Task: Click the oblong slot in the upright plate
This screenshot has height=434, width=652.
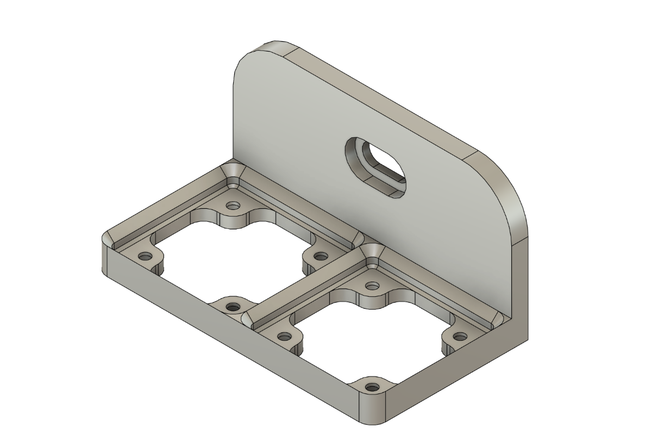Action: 376,167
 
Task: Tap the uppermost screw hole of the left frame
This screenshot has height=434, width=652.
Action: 234,206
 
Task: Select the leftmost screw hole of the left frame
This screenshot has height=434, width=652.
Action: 144,256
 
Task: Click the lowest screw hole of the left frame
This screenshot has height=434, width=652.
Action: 233,307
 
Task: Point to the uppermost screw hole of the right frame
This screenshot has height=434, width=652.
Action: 372,285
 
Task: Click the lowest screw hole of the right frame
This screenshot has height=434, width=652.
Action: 372,387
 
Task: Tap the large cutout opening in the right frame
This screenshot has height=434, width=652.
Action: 372,336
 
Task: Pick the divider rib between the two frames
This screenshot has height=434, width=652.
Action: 304,282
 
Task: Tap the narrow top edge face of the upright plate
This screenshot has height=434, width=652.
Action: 380,98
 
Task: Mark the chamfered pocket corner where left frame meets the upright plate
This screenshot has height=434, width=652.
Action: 234,175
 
